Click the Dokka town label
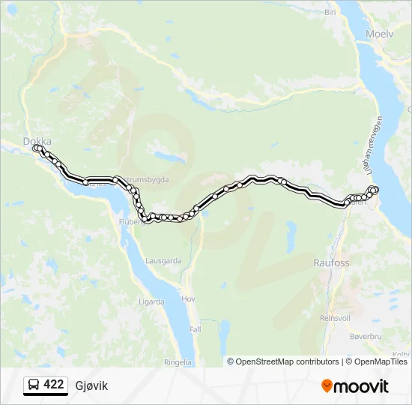[x=36, y=139]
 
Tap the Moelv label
[x=380, y=34]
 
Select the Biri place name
[x=330, y=13]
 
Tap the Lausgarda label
[x=165, y=261]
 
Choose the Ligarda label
[x=151, y=302]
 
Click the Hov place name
[x=190, y=298]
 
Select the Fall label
[x=195, y=329]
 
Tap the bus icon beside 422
[x=34, y=385]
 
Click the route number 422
[x=54, y=385]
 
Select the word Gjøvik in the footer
[x=91, y=385]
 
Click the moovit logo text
[x=362, y=386]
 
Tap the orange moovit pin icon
[x=327, y=386]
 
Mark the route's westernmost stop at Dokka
[x=35, y=148]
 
